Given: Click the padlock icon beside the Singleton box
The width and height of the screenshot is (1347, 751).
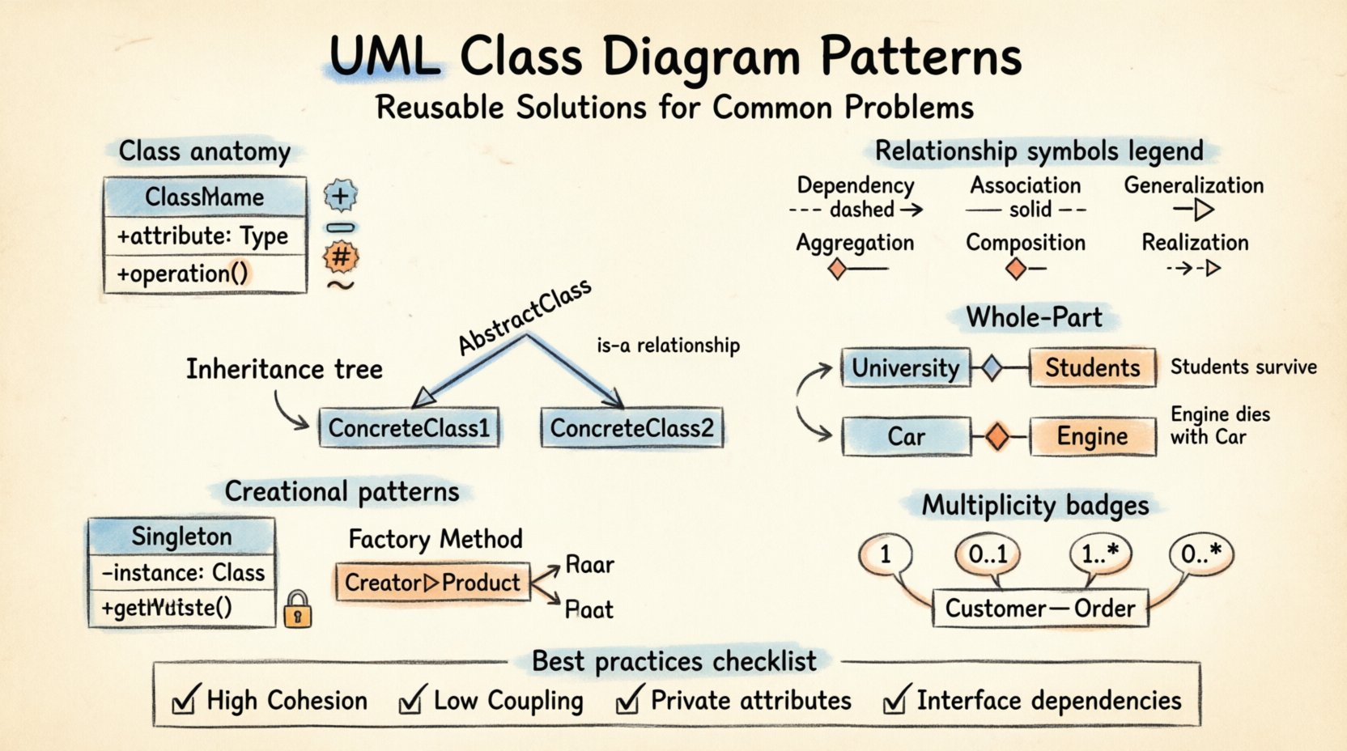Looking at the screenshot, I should click(x=298, y=609).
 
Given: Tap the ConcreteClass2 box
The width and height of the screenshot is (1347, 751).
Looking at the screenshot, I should click(x=631, y=428).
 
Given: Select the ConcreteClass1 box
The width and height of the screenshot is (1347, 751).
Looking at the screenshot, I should click(x=409, y=428).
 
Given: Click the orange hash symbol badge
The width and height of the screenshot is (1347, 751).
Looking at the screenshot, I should click(x=341, y=257).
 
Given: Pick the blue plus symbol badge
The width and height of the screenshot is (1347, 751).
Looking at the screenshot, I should click(x=341, y=195).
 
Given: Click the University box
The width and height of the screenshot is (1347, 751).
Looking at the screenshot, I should click(x=905, y=368).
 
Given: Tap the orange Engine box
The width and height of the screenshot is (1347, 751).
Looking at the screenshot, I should click(x=1092, y=437).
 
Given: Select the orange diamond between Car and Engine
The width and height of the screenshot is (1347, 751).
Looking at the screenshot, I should click(x=997, y=437).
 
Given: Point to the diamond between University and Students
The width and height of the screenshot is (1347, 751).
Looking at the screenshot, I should click(x=992, y=368).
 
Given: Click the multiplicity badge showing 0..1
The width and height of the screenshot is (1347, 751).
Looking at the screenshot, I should click(x=988, y=554).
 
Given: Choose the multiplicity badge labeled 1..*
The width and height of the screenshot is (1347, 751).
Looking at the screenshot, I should click(x=1100, y=554).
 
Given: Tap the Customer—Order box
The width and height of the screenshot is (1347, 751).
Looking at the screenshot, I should click(x=1040, y=609).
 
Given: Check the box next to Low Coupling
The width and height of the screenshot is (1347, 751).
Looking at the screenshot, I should click(x=411, y=701).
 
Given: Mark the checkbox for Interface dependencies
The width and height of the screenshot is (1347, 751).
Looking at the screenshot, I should click(x=894, y=701).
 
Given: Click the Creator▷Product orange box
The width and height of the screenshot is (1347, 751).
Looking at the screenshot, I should click(x=432, y=583).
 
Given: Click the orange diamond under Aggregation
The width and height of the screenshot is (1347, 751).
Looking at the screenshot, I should click(x=838, y=269).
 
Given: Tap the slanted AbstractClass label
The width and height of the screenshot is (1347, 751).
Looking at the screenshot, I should click(x=525, y=317).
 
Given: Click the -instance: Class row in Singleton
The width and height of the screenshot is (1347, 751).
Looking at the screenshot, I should click(x=182, y=573).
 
